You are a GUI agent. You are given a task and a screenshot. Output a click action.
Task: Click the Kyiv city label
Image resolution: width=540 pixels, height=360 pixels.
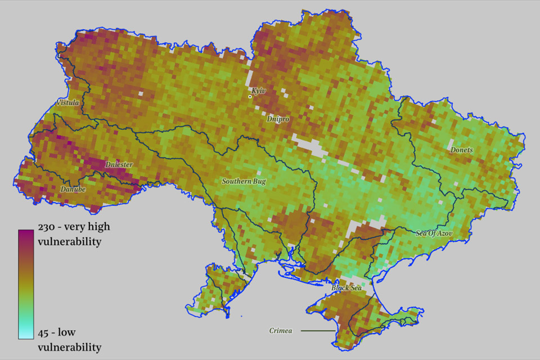(x=259, y=91)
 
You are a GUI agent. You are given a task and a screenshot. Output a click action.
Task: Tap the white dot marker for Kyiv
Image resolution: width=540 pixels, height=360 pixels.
(x=250, y=97)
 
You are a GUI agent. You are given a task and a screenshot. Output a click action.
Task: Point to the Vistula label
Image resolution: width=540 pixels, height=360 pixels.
(x=68, y=103)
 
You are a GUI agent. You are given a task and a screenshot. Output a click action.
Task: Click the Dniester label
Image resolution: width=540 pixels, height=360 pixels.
(x=119, y=165)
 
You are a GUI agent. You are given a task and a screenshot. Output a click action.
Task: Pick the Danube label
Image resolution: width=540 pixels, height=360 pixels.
(x=73, y=190)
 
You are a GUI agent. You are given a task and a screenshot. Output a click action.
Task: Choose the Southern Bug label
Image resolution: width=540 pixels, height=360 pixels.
(x=244, y=181)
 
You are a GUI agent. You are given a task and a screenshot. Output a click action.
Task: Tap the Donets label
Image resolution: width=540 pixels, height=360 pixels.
(x=461, y=150)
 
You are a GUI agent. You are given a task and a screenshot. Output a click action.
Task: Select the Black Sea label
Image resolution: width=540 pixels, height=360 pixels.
(x=346, y=288)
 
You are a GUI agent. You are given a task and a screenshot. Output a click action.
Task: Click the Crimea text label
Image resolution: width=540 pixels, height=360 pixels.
(x=281, y=331)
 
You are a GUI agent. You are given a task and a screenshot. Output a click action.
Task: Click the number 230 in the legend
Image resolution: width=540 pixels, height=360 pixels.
(x=47, y=227)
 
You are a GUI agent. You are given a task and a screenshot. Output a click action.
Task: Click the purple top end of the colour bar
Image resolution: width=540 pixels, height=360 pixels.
(x=26, y=233)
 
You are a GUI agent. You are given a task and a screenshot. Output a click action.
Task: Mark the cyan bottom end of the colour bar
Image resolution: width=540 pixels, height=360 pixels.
(x=26, y=335)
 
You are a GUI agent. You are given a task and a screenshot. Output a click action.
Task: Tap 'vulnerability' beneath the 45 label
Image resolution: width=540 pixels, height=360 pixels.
(x=69, y=346)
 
